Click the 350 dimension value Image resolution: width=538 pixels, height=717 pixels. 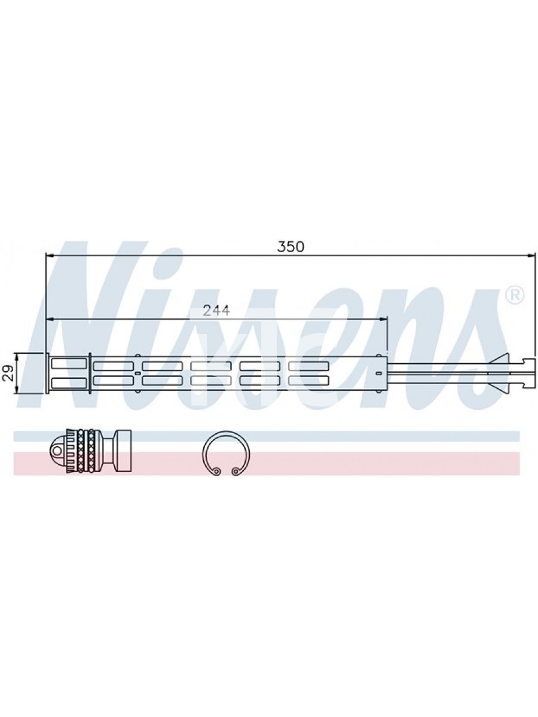point(291,247)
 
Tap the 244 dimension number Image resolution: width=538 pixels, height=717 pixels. point(216,310)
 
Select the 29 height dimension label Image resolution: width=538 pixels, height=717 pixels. point(9,373)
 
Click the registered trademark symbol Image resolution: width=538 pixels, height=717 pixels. point(515,295)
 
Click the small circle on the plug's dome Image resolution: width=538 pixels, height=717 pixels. point(57,451)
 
